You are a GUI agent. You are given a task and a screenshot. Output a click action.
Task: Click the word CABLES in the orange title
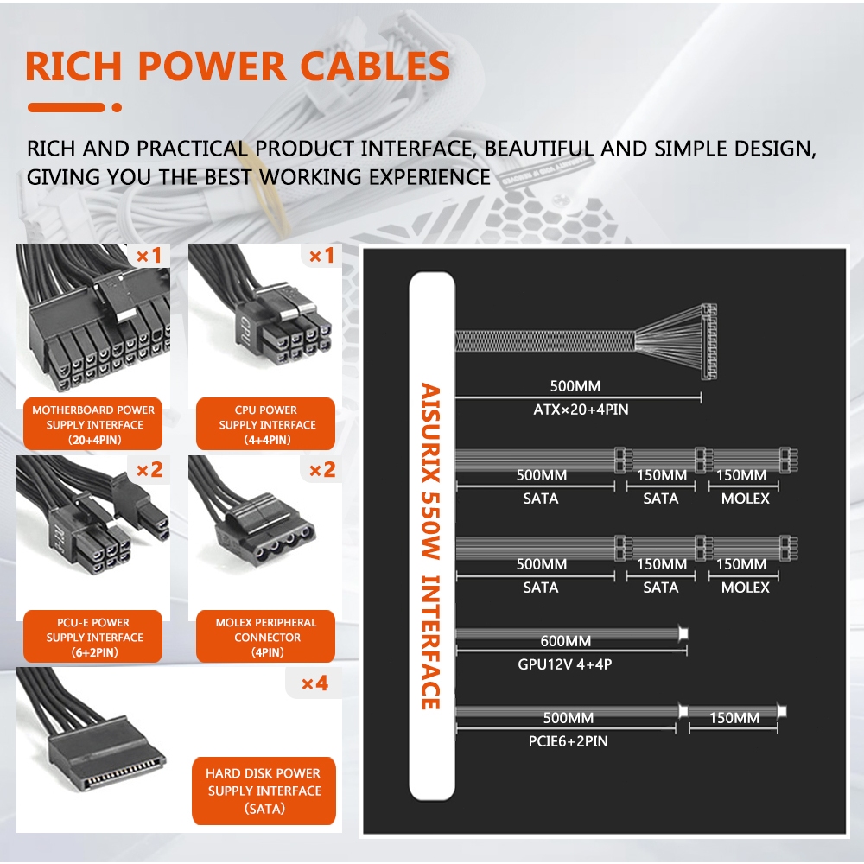pos(375,67)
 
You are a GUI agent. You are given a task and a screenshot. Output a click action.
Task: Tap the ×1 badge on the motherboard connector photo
pos(149,256)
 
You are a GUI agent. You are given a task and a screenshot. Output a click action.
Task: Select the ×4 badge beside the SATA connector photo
pos(314,683)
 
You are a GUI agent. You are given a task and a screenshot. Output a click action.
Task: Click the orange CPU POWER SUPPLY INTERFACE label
pos(265,424)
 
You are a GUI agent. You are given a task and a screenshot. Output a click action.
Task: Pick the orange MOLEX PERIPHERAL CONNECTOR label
pos(265,637)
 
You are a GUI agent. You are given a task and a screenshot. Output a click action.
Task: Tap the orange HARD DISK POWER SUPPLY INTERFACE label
pos(264,791)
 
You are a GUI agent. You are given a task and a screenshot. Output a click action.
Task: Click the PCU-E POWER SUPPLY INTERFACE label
pos(93,637)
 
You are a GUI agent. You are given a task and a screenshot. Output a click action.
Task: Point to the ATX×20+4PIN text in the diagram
pos(581,410)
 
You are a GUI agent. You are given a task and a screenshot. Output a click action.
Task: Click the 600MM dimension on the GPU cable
pos(565,641)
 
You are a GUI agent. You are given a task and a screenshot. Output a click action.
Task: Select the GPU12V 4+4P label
pos(565,664)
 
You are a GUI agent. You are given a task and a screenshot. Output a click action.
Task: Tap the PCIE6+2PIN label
pos(569,741)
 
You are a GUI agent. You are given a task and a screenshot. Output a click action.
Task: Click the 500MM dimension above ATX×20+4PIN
pos(575,386)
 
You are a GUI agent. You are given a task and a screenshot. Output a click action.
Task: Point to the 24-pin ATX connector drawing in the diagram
pos(708,341)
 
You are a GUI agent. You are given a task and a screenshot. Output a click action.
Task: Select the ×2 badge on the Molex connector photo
pos(321,470)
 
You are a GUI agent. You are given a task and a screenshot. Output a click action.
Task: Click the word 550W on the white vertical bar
pos(431,525)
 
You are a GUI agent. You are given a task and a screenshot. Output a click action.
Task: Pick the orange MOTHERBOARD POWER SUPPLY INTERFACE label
pos(93,424)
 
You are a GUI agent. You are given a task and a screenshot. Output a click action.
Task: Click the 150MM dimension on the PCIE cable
pos(734,718)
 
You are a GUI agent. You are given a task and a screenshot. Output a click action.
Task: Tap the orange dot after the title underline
pos(117,107)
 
